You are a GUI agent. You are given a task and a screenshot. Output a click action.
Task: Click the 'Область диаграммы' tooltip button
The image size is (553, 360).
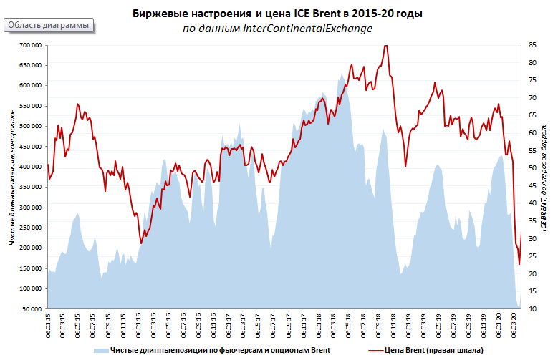[x=49, y=25]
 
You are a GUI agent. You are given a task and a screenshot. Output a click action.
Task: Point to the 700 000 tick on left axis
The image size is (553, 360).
[x=30, y=45]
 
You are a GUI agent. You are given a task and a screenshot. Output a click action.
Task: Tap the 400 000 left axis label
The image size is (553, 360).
[x=30, y=167]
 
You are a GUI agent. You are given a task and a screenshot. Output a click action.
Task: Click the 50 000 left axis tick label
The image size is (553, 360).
[x=32, y=309]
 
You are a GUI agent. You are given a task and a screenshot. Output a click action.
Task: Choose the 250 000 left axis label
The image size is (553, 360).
[x=30, y=228]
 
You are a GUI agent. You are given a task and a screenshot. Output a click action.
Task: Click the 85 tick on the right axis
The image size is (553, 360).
[x=532, y=45]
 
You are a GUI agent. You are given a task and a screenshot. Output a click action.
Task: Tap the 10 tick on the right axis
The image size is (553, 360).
[x=532, y=309]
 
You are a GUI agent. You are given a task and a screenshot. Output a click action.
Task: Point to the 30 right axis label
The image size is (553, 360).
[x=532, y=239]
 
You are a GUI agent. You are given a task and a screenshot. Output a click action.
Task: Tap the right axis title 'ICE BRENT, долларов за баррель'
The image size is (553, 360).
[x=544, y=177]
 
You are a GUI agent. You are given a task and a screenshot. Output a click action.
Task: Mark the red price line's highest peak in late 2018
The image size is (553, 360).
[x=385, y=46]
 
